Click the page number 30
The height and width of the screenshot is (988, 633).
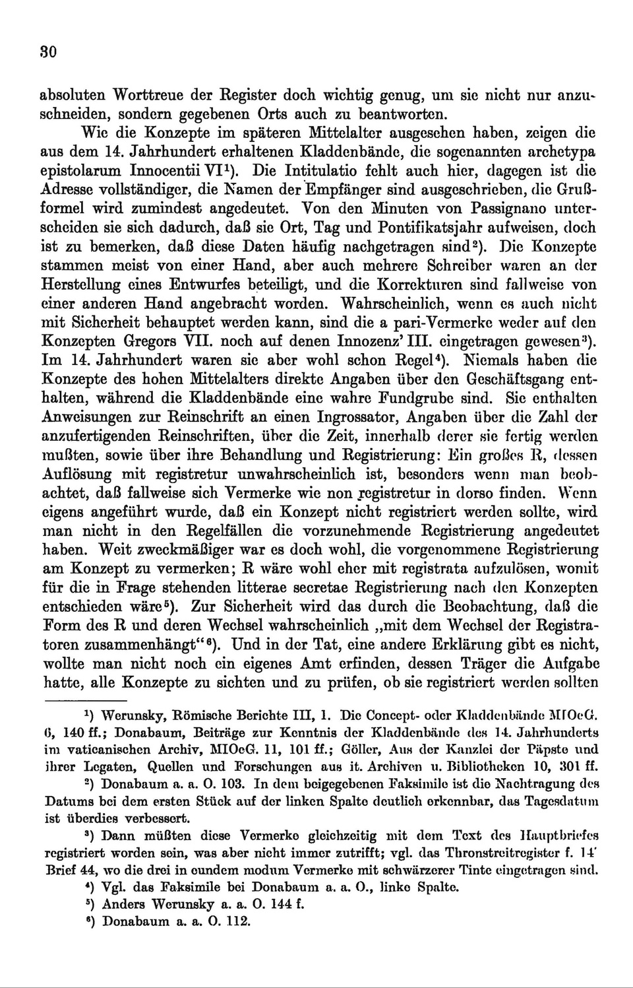click(49, 53)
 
